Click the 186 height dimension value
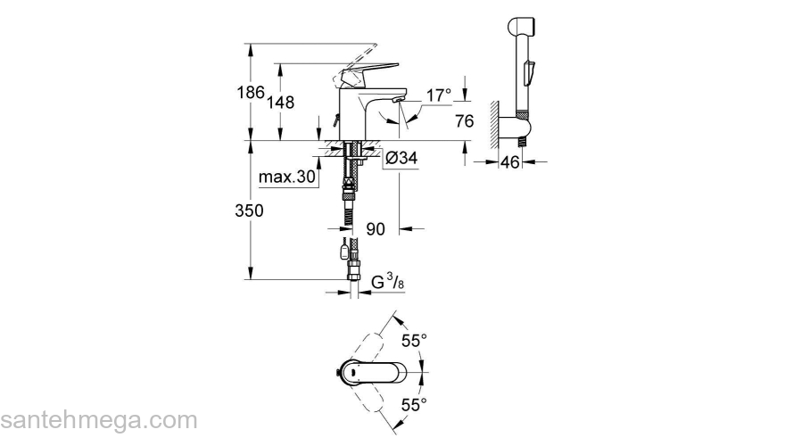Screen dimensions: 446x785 [251, 92]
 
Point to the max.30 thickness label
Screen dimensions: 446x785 [287, 178]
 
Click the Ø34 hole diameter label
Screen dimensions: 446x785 [401, 159]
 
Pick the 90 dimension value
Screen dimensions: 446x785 [376, 229]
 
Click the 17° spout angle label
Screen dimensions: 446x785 [439, 94]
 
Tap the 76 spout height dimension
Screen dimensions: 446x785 [464, 121]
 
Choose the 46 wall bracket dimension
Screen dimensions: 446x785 [510, 161]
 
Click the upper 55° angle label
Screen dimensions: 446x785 [414, 341]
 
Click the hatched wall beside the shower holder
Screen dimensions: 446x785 [492, 121]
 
